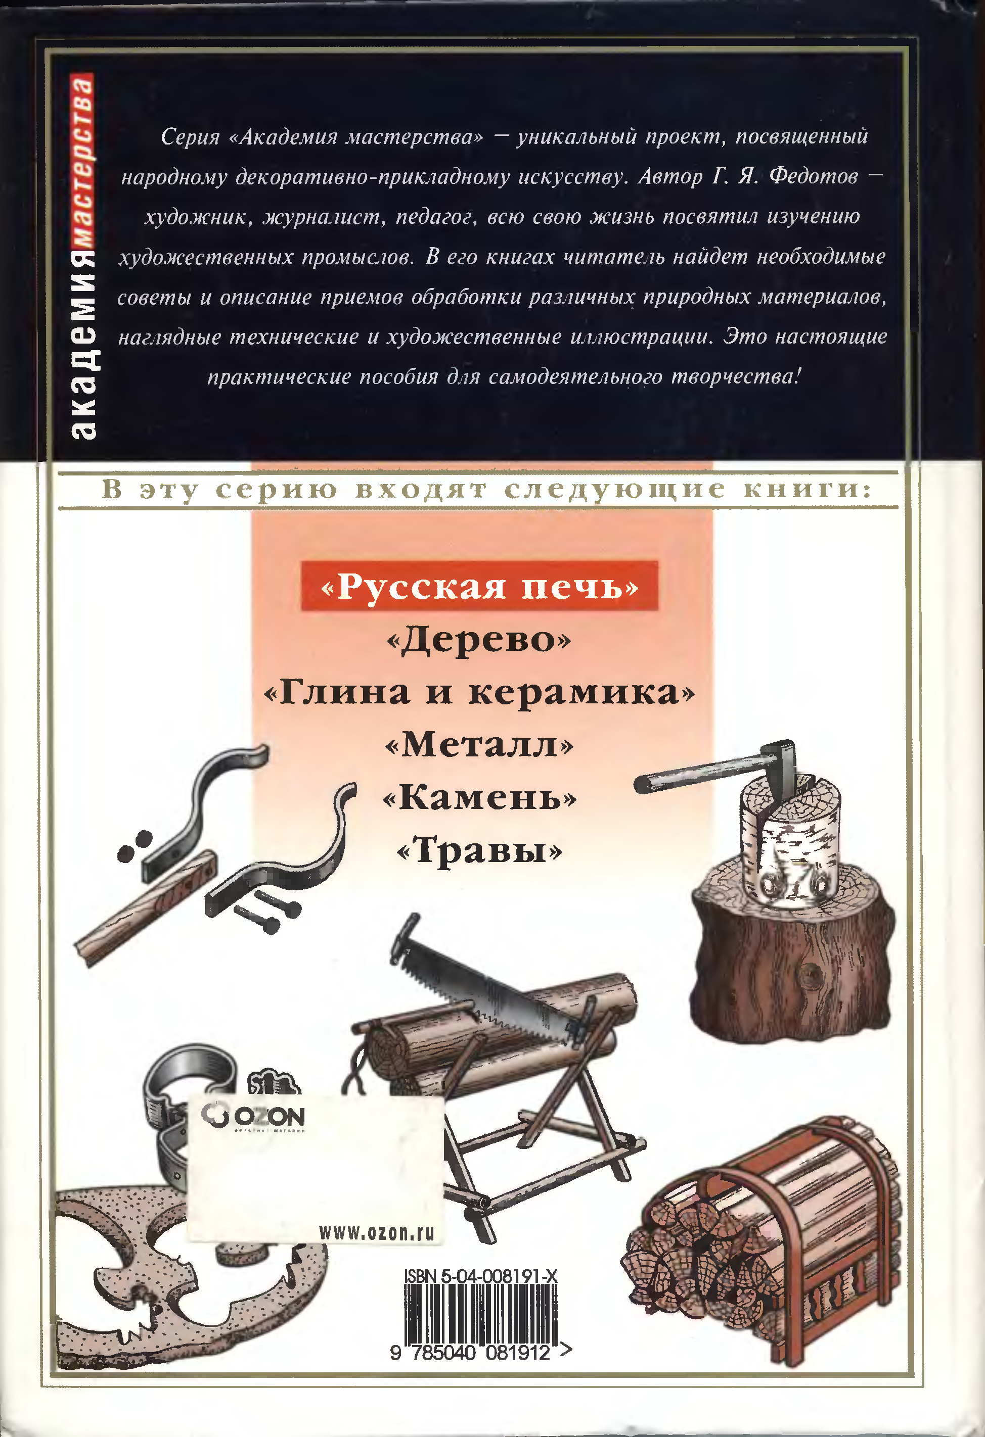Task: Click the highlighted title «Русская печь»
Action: click(479, 586)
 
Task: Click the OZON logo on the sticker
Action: click(253, 1115)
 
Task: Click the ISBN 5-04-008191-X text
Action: click(481, 1276)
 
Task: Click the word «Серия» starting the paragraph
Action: click(191, 136)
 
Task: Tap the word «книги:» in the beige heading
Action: click(808, 490)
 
